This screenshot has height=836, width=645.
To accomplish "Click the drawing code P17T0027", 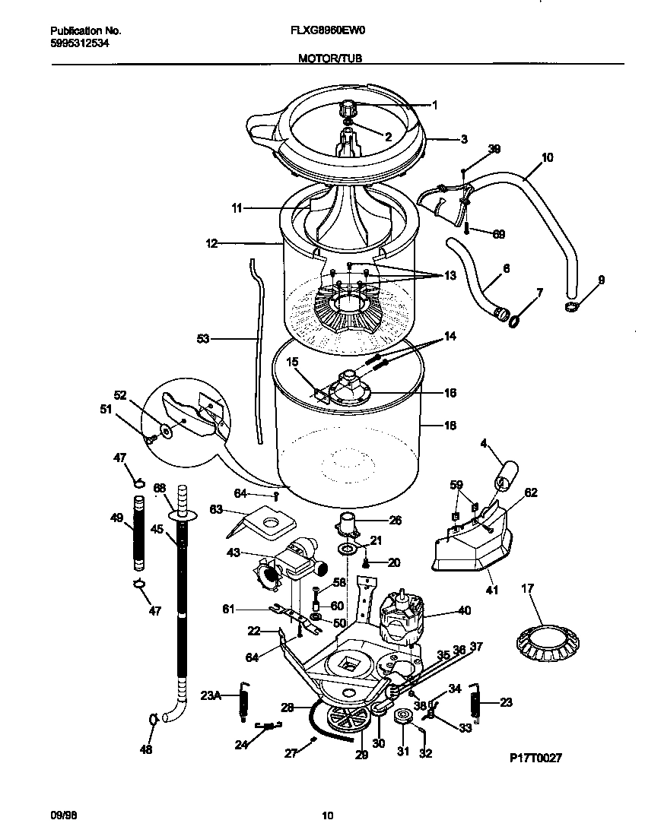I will (x=535, y=758).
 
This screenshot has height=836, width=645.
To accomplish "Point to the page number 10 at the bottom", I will (x=327, y=816).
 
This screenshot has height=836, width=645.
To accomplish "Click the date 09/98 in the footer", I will (x=64, y=816).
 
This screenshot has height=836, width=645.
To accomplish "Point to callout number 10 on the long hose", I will (x=547, y=158).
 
